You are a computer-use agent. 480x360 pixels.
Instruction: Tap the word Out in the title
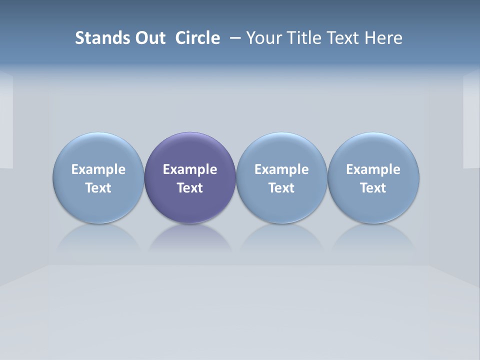(x=148, y=38)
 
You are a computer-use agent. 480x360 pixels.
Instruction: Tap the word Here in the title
(x=383, y=38)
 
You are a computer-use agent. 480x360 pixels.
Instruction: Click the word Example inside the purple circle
(x=190, y=169)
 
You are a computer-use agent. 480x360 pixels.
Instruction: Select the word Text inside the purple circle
(x=190, y=188)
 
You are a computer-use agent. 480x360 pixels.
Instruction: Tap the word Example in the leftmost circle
(x=98, y=169)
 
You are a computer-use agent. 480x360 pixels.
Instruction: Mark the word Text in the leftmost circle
(x=98, y=188)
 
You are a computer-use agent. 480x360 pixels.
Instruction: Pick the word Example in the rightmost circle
(x=373, y=169)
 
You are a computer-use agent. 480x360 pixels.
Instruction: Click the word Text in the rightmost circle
(x=373, y=188)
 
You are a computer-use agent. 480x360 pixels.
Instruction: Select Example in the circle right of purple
(x=281, y=169)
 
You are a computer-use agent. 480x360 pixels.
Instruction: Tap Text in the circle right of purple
(x=281, y=188)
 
